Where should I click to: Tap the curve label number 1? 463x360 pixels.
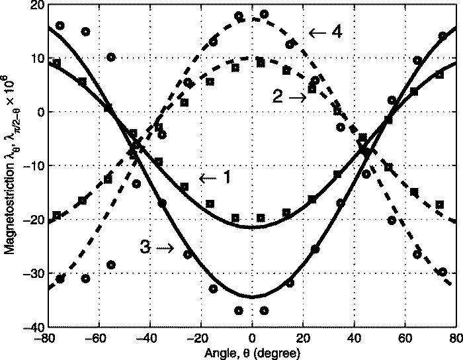click(226, 178)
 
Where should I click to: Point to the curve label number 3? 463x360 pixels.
click(146, 248)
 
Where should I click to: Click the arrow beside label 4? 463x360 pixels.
click(317, 32)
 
